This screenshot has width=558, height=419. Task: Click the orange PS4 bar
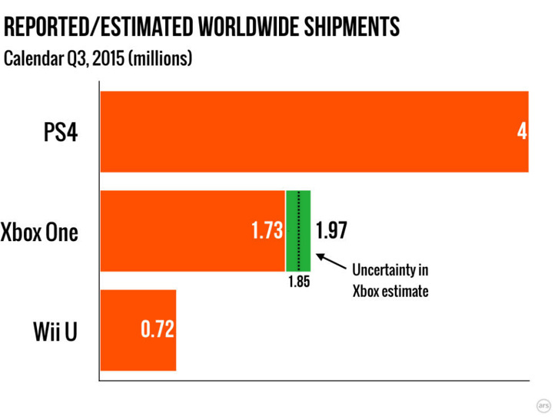[307, 131]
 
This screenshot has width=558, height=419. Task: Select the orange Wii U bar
[138, 330]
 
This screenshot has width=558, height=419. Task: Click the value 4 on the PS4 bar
[521, 132]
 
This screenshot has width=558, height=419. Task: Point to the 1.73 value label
[267, 230]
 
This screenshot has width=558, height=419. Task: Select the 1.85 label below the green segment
[299, 282]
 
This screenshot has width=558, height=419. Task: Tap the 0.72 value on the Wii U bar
[158, 330]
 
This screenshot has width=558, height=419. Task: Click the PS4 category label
[58, 132]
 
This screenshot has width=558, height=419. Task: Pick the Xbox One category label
[40, 231]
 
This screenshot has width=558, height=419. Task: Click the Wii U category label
[56, 331]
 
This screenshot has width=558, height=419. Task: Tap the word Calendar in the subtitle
[33, 58]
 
